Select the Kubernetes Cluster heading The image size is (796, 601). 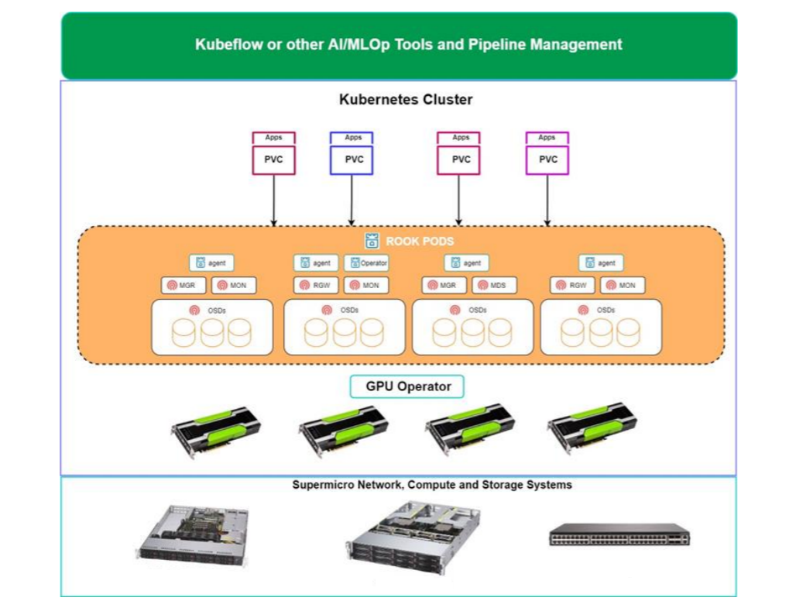pyautogui.click(x=406, y=100)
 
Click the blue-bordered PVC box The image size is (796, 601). pyautogui.click(x=352, y=160)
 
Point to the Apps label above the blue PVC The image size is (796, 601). pyautogui.click(x=352, y=138)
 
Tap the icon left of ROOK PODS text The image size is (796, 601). pyautogui.click(x=372, y=241)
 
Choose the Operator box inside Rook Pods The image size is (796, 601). pyautogui.click(x=367, y=263)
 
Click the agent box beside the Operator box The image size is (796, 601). pyautogui.click(x=316, y=263)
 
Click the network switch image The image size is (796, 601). pyautogui.click(x=619, y=534)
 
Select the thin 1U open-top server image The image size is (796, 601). pyautogui.click(x=193, y=532)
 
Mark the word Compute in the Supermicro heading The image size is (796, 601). pyautogui.click(x=431, y=486)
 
